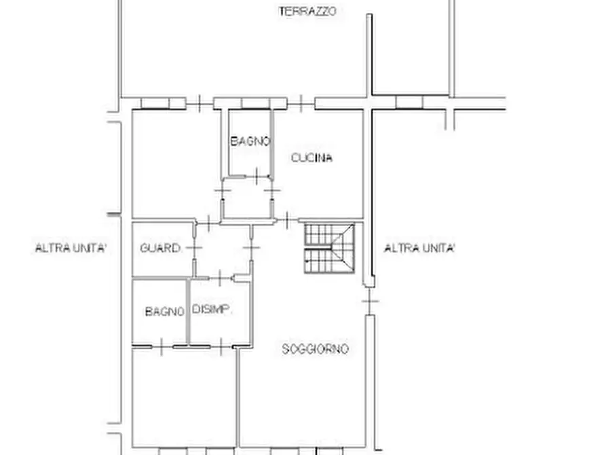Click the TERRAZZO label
pyautogui.click(x=307, y=12)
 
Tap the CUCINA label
pyautogui.click(x=311, y=158)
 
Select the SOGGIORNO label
pyautogui.click(x=315, y=349)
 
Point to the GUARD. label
pyautogui.click(x=160, y=248)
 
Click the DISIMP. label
pyautogui.click(x=212, y=310)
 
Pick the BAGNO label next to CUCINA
pyautogui.click(x=250, y=142)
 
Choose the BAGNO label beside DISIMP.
pyautogui.click(x=165, y=312)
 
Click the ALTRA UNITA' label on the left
pyautogui.click(x=71, y=248)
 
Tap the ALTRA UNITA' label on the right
pyautogui.click(x=419, y=248)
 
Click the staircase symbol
pyautogui.click(x=329, y=248)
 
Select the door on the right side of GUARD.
pyautogui.click(x=194, y=248)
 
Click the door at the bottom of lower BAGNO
pyautogui.click(x=162, y=346)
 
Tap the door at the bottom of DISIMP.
pyautogui.click(x=221, y=346)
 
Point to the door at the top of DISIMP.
pyautogui.click(x=221, y=278)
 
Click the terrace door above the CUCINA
pyautogui.click(x=301, y=103)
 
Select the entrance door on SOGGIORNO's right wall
pyautogui.click(x=370, y=301)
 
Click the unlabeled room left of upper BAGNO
pyautogui.click(x=176, y=164)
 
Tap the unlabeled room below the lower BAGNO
pyautogui.click(x=184, y=398)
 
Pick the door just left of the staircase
pyautogui.click(x=287, y=221)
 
